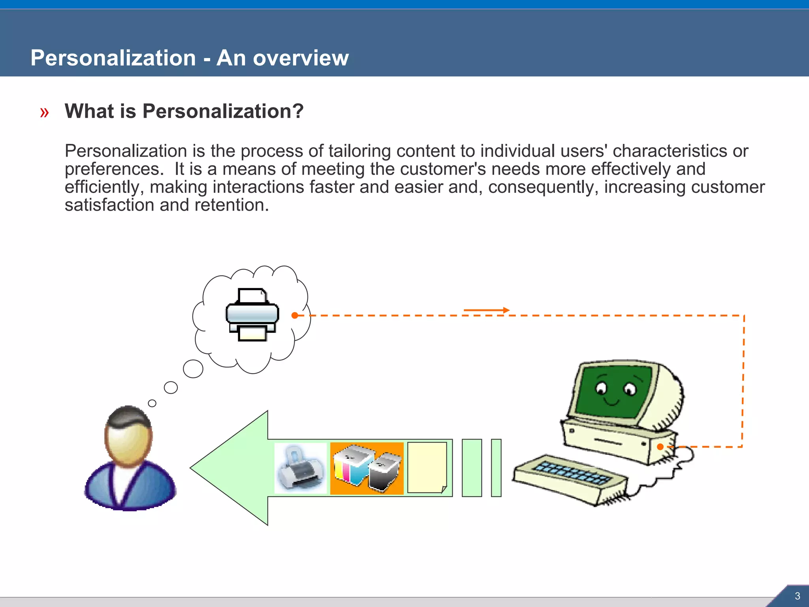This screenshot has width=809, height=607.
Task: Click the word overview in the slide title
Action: [x=301, y=58]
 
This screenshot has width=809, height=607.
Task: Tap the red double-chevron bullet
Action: [x=44, y=113]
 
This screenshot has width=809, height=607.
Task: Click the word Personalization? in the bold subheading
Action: [x=223, y=111]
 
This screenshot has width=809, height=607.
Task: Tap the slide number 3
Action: [x=797, y=596]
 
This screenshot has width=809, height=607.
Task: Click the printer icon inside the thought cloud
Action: [x=252, y=315]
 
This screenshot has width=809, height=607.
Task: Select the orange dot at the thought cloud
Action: [x=295, y=315]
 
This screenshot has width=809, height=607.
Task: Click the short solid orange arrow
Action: [x=486, y=310]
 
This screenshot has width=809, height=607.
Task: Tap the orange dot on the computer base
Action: [x=660, y=447]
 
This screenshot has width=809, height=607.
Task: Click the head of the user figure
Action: [x=128, y=435]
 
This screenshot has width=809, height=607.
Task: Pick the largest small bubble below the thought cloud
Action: [x=193, y=369]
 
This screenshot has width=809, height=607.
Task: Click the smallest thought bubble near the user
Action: [x=152, y=403]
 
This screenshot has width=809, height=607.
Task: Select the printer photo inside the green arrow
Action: [x=301, y=468]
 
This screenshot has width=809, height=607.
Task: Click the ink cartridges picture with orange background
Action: [x=367, y=468]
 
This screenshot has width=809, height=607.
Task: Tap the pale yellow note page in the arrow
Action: [x=427, y=468]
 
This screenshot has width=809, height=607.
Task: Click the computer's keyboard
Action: [x=569, y=479]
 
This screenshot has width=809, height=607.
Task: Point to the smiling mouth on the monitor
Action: [x=613, y=402]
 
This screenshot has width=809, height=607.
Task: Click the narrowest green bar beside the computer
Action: [x=496, y=468]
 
